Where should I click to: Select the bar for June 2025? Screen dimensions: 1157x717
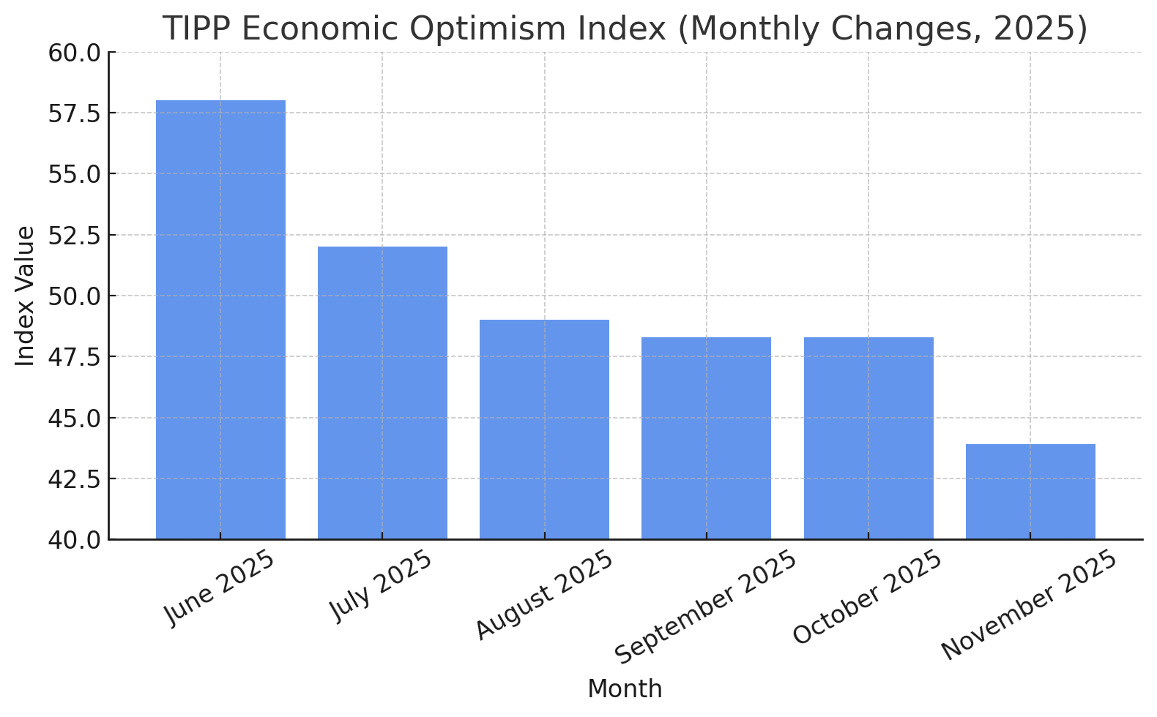point(220,320)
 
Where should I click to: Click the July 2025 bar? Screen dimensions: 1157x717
point(382,394)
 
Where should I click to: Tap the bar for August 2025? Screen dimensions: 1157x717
point(544,429)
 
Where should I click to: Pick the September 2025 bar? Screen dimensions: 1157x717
point(706,438)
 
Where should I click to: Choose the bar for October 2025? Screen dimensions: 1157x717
point(868,438)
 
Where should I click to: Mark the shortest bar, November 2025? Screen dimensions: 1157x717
point(1030,492)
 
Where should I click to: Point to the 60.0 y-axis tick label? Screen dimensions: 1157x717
point(75,53)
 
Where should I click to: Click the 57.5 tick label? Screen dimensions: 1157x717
point(75,114)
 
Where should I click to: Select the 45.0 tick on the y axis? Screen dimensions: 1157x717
point(75,418)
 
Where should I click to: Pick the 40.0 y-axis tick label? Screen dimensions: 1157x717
point(75,541)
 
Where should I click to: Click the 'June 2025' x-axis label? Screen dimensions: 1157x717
point(219,588)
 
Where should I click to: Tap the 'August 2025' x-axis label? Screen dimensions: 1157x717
point(544,595)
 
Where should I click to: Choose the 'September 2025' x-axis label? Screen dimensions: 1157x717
point(705,607)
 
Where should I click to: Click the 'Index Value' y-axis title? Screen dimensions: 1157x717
point(24,296)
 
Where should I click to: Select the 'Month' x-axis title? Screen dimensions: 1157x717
point(625,689)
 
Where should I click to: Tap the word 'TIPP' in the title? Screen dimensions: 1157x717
point(197,29)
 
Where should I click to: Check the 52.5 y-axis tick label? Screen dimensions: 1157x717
point(75,236)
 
